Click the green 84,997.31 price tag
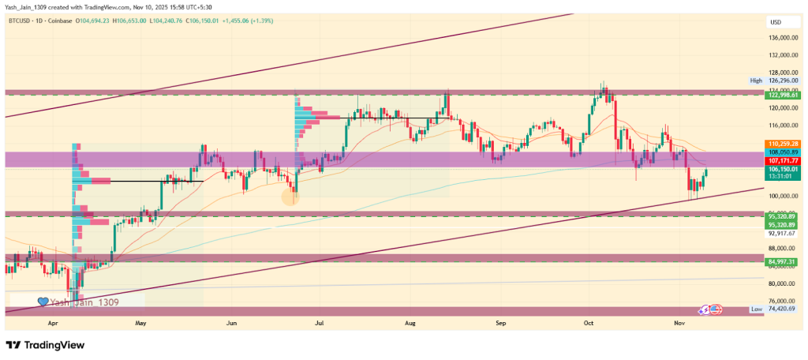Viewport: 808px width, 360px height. pyautogui.click(x=782, y=261)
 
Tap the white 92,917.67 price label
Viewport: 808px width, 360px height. pyautogui.click(x=782, y=233)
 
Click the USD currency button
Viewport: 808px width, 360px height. pyautogui.click(x=776, y=22)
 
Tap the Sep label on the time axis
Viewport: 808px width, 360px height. pyautogui.click(x=500, y=323)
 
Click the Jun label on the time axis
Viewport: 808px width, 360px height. pyautogui.click(x=231, y=323)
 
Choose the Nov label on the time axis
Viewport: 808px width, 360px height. pyautogui.click(x=679, y=323)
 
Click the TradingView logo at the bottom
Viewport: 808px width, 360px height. pyautogui.click(x=45, y=345)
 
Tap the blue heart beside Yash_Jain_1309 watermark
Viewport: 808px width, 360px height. pyautogui.click(x=43, y=301)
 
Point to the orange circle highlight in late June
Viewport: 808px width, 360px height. pyautogui.click(x=291, y=196)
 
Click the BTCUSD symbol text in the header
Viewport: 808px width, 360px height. pyautogui.click(x=21, y=21)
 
